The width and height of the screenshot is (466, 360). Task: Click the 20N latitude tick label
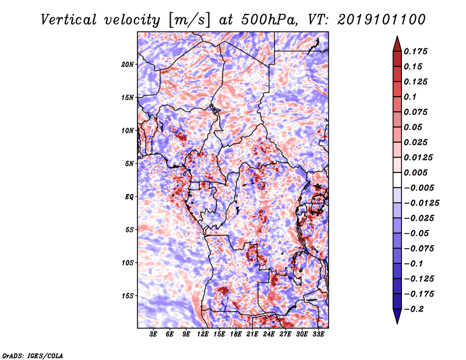click(127, 65)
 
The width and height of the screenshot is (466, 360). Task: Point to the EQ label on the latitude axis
click(129, 197)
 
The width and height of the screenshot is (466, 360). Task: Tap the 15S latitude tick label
click(128, 296)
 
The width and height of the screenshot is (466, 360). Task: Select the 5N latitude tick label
click(129, 164)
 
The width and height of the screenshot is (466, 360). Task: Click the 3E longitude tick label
click(153, 334)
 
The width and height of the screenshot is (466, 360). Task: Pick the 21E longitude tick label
click(252, 334)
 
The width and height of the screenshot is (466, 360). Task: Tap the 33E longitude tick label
click(318, 334)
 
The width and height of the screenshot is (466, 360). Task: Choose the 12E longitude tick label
click(202, 334)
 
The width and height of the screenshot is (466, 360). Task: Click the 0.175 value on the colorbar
click(415, 51)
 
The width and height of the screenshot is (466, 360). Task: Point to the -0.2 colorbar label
click(413, 309)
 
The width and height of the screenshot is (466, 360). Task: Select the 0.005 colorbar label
click(415, 172)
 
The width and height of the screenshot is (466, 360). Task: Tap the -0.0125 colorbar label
click(421, 203)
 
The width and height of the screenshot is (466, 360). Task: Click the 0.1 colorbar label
click(410, 97)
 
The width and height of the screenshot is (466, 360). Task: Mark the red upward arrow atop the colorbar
click(397, 44)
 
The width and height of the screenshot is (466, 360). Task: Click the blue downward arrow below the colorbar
click(397, 316)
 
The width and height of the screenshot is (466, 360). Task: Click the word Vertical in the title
click(68, 20)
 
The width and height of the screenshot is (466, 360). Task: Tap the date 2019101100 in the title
click(382, 20)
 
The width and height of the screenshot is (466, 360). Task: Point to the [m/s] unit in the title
click(190, 20)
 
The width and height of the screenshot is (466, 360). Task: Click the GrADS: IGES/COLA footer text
click(33, 355)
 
